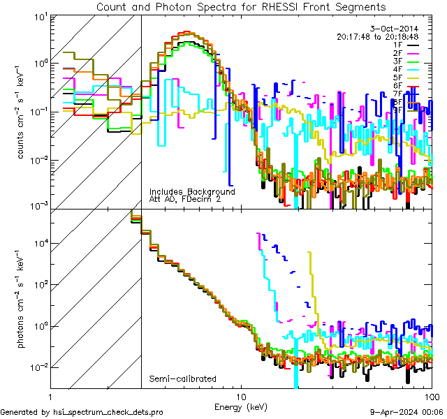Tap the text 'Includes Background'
pos(192,191)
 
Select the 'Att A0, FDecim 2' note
pos(185,200)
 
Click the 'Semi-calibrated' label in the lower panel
pos(182,379)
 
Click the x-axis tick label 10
pos(241,396)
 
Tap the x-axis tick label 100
pos(430,396)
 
